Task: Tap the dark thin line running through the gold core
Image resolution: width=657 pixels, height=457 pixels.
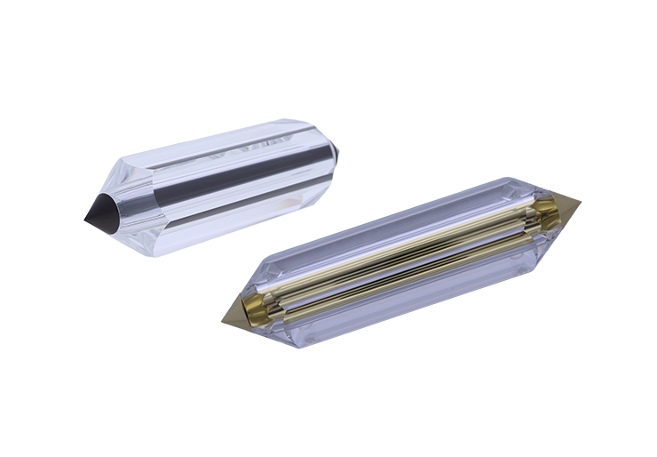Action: (x=400, y=258)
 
